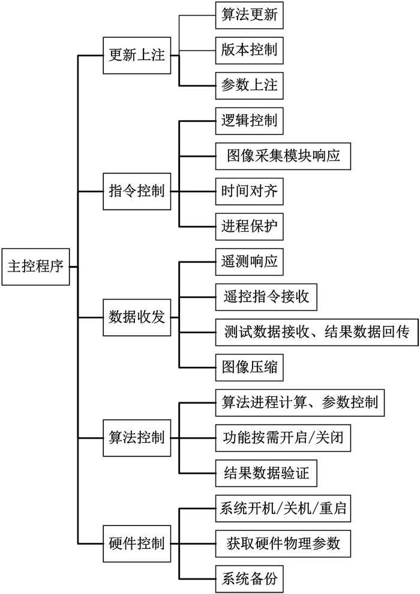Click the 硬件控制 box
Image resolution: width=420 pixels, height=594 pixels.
tap(136, 545)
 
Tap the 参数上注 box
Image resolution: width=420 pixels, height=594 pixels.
tap(249, 85)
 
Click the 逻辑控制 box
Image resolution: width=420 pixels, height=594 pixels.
tap(249, 121)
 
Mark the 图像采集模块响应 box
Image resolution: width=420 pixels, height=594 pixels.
tap(283, 156)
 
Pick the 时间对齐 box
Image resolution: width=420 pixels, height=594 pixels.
tap(249, 192)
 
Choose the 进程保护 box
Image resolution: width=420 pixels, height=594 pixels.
tap(249, 228)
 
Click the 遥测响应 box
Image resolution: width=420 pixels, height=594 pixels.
tap(249, 262)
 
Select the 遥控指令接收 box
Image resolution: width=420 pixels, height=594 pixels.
tap(266, 297)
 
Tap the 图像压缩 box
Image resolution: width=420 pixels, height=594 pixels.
tap(249, 366)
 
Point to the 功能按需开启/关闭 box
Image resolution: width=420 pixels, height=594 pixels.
tap(282, 438)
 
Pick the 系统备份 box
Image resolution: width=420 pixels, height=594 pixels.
tap(249, 580)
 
